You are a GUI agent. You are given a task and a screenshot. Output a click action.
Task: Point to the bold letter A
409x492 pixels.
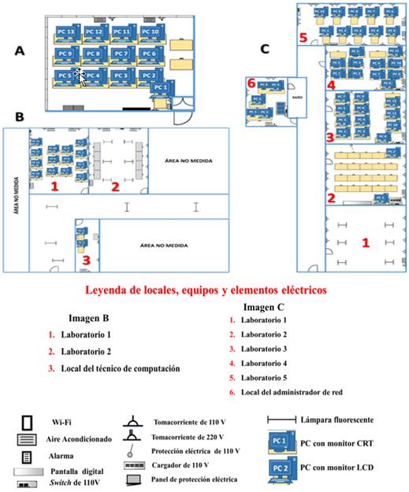pos(20,50)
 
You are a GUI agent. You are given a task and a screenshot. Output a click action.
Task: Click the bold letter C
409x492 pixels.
pos(265,49)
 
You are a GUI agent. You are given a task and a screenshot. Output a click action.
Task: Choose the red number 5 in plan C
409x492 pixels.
pos(303,37)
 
